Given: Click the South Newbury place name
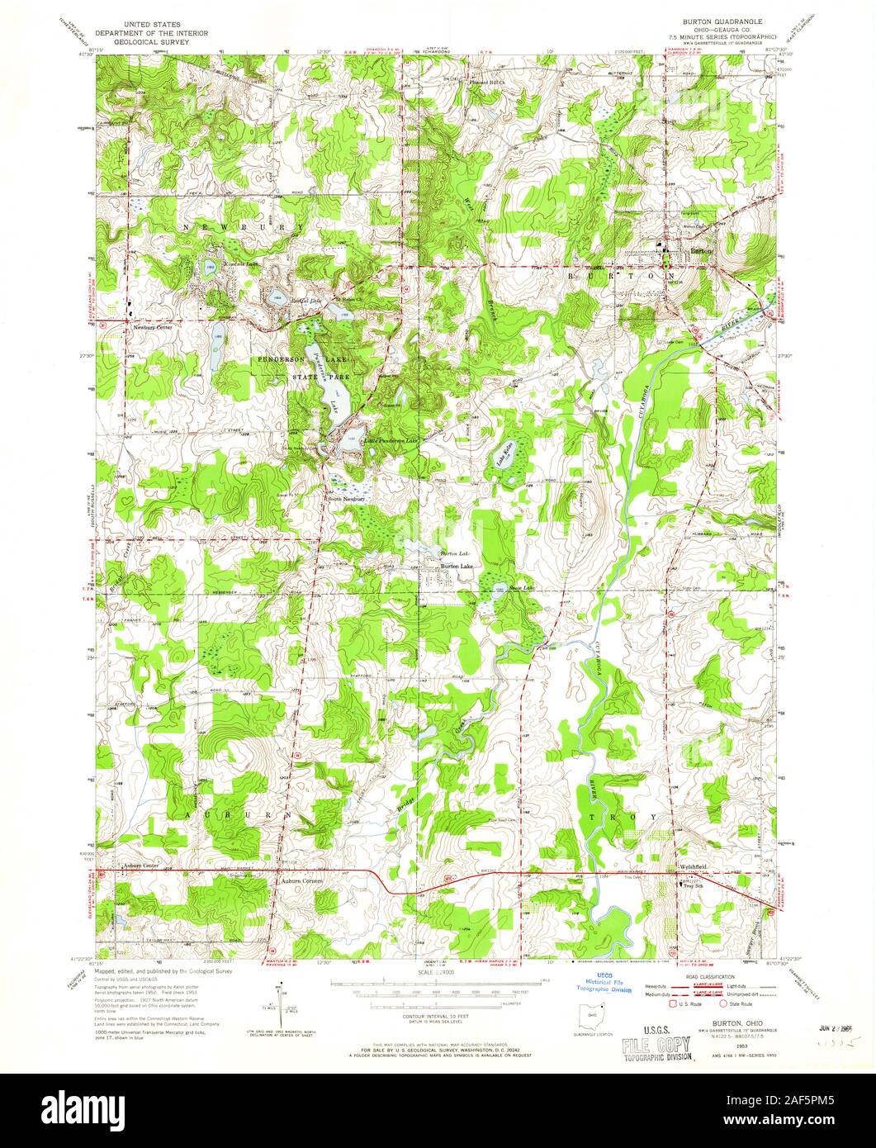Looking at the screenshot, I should pyautogui.click(x=346, y=499).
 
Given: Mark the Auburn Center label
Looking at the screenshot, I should pyautogui.click(x=138, y=866).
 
